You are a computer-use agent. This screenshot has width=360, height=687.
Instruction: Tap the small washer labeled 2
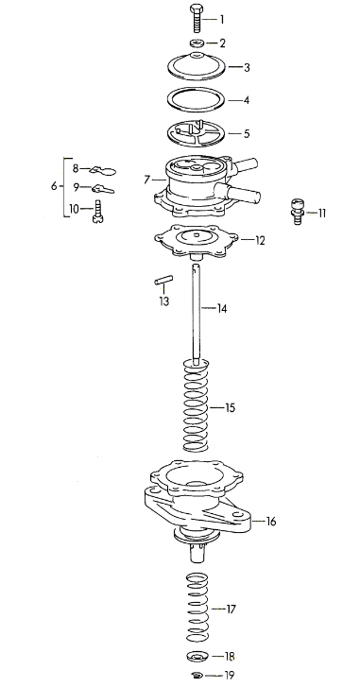coord(197,43)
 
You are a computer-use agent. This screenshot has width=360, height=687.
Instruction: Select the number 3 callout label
coord(247,68)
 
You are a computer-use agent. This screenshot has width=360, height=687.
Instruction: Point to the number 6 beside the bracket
coord(54,187)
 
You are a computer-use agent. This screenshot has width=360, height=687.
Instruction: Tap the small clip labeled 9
coord(103,189)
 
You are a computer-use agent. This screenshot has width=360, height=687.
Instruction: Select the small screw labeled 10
coord(97,211)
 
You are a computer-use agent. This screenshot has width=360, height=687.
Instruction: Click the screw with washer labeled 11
coord(298,211)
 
